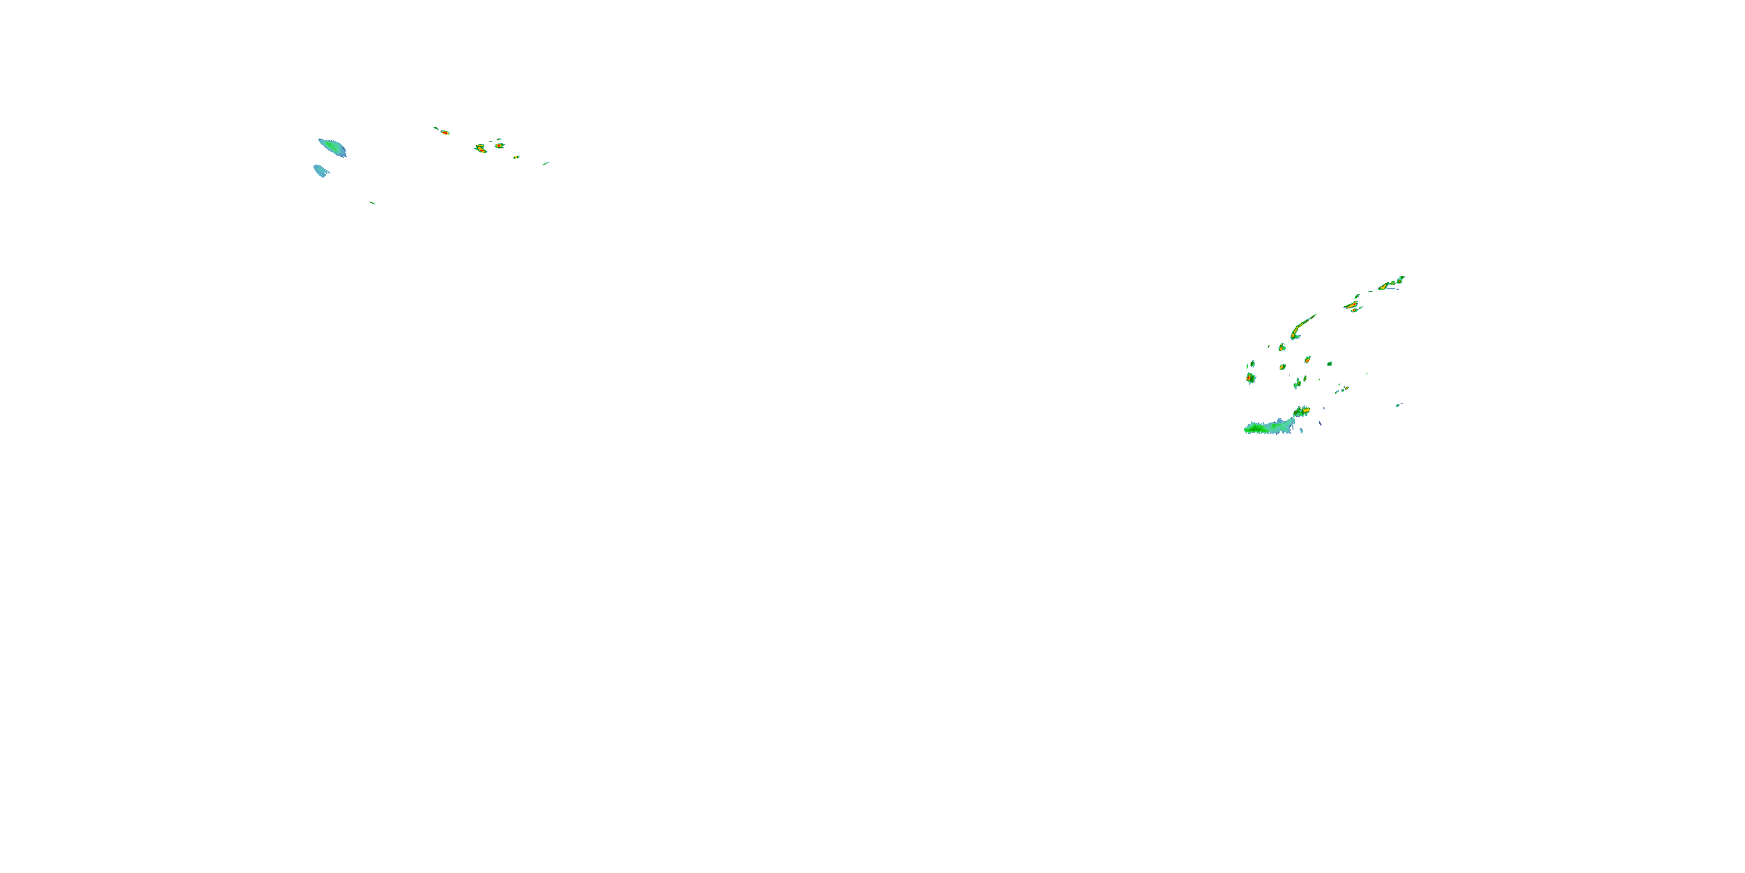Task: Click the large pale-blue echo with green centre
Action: (332, 147)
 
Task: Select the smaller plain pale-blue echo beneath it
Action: (320, 170)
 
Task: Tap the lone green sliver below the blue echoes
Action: (373, 203)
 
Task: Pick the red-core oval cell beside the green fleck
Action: (444, 132)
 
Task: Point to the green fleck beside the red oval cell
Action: (436, 127)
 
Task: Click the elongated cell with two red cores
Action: (480, 148)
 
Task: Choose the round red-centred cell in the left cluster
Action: (499, 145)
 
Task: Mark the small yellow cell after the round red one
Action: (515, 157)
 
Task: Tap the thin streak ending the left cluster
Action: (546, 163)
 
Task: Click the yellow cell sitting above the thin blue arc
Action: (1384, 287)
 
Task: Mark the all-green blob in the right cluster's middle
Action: (1329, 364)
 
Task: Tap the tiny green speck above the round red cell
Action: (499, 139)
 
